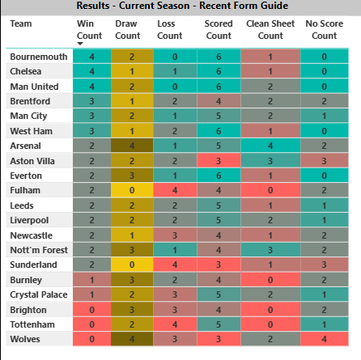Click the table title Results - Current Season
(x=180, y=6)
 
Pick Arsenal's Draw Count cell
(x=128, y=146)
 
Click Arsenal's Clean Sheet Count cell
(x=270, y=146)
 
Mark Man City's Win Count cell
(x=93, y=116)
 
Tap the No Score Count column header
(x=323, y=30)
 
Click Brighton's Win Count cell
(x=93, y=308)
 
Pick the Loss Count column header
(x=170, y=30)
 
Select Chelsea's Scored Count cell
(x=219, y=71)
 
